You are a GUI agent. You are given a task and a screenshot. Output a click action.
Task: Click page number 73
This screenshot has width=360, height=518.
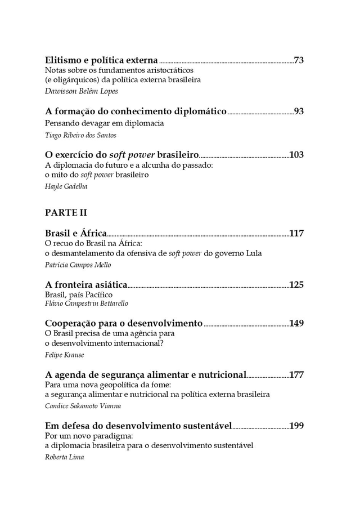(x=299, y=60)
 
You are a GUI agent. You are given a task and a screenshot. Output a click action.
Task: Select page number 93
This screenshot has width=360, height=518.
(x=299, y=111)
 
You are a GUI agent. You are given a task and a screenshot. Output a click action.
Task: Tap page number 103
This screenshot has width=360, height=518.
(x=296, y=155)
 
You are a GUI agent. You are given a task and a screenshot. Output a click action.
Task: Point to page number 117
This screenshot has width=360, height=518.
(x=296, y=234)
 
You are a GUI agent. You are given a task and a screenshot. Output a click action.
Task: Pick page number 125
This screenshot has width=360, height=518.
(x=296, y=284)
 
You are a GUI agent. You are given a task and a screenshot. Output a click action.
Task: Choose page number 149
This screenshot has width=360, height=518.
(x=296, y=323)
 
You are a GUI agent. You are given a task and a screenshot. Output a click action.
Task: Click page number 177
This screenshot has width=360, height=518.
(x=296, y=374)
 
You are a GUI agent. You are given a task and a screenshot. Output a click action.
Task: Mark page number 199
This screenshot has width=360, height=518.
(x=296, y=426)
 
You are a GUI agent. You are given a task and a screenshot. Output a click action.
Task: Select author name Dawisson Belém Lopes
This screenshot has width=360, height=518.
(x=82, y=91)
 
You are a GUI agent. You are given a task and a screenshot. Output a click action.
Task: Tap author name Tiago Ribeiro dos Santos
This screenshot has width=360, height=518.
(x=80, y=135)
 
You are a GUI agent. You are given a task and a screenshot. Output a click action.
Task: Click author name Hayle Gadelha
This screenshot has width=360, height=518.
(x=66, y=186)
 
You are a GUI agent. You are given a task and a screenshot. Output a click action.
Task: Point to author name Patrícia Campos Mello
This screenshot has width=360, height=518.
(x=78, y=265)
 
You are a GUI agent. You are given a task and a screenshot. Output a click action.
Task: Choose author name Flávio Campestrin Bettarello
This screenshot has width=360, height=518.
(x=87, y=303)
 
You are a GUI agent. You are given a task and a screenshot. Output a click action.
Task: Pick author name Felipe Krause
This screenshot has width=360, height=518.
(x=64, y=355)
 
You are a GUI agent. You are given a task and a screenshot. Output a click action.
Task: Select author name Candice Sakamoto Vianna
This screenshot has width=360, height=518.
(x=83, y=405)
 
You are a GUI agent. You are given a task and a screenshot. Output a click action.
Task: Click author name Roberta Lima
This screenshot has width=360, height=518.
(x=65, y=457)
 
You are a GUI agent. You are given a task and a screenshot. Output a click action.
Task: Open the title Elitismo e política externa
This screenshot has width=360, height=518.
(x=101, y=60)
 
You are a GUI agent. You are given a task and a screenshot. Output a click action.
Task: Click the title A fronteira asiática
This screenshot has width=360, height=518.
(x=86, y=284)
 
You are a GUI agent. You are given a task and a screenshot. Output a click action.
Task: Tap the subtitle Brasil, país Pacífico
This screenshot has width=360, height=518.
(x=79, y=294)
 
